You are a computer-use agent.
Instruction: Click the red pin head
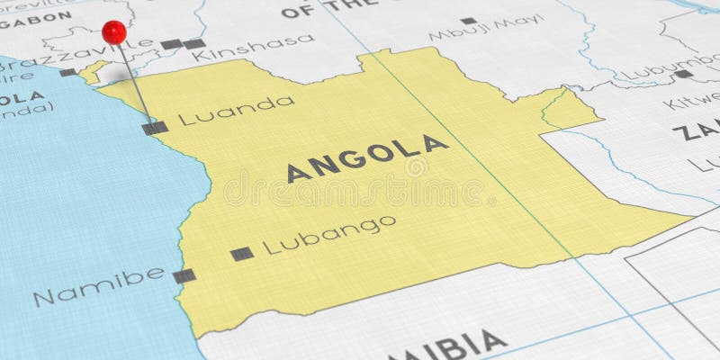pos(114,32)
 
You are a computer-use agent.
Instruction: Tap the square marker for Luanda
pos(155,128)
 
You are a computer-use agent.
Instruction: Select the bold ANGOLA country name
pos(367,158)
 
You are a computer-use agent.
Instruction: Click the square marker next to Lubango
pos(241,254)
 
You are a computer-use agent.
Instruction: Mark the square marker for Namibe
pos(184,275)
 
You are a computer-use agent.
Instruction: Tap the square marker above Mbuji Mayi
pos(468,20)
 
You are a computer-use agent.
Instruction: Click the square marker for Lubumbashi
pos(684,74)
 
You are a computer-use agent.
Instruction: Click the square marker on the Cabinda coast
pos(68,72)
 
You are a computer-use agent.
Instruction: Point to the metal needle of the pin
pos(134,83)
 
